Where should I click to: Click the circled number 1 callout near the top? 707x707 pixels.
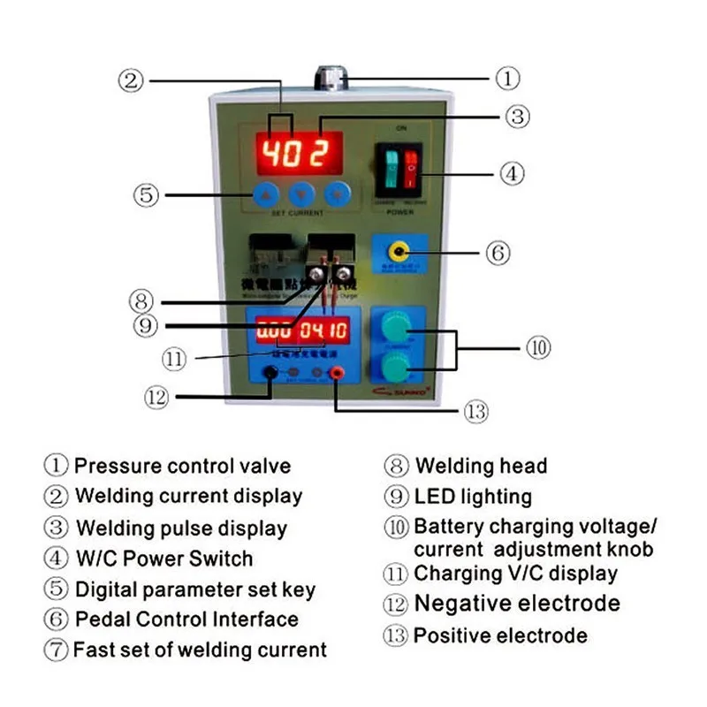(x=506, y=79)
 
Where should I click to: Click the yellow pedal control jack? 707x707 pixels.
(x=399, y=252)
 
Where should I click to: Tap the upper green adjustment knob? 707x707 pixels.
(x=396, y=328)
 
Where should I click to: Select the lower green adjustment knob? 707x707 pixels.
(x=396, y=367)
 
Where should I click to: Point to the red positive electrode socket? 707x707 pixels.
(x=337, y=375)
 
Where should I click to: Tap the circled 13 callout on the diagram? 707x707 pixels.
(x=476, y=412)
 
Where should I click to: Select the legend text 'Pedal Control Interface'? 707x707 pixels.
(x=186, y=620)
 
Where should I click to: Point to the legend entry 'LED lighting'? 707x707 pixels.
(x=473, y=497)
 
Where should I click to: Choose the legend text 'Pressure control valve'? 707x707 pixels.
(x=182, y=466)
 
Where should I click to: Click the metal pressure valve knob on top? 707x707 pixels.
(x=329, y=78)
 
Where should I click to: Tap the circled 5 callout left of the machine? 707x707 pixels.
(x=147, y=194)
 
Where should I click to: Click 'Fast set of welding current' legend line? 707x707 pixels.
(x=200, y=650)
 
